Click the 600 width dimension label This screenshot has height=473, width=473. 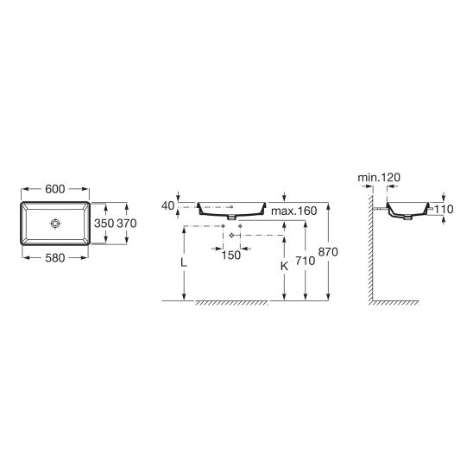point(55,189)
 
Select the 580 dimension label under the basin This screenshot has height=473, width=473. point(55,258)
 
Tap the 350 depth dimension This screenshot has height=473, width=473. point(104,224)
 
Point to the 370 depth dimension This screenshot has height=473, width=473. point(127,224)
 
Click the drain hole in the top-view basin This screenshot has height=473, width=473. point(56,224)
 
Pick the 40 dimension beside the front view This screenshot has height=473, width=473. point(168,205)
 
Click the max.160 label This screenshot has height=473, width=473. point(293,211)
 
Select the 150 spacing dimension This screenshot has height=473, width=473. point(231,255)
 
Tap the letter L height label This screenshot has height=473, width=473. point(183,262)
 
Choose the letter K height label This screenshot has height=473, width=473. point(284,267)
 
